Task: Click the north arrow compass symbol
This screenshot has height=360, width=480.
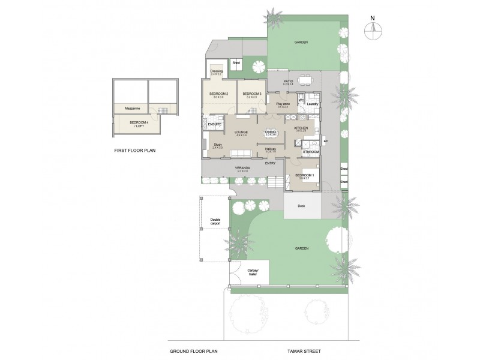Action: (x=373, y=31)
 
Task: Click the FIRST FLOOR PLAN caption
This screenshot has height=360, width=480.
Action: (x=135, y=151)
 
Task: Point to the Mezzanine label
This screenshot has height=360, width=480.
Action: (x=133, y=108)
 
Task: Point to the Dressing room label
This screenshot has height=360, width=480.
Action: (x=216, y=71)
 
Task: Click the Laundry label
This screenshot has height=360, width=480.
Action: (x=312, y=104)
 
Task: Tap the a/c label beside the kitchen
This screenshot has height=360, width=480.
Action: (x=325, y=141)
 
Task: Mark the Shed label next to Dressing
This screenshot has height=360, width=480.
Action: (x=236, y=62)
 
